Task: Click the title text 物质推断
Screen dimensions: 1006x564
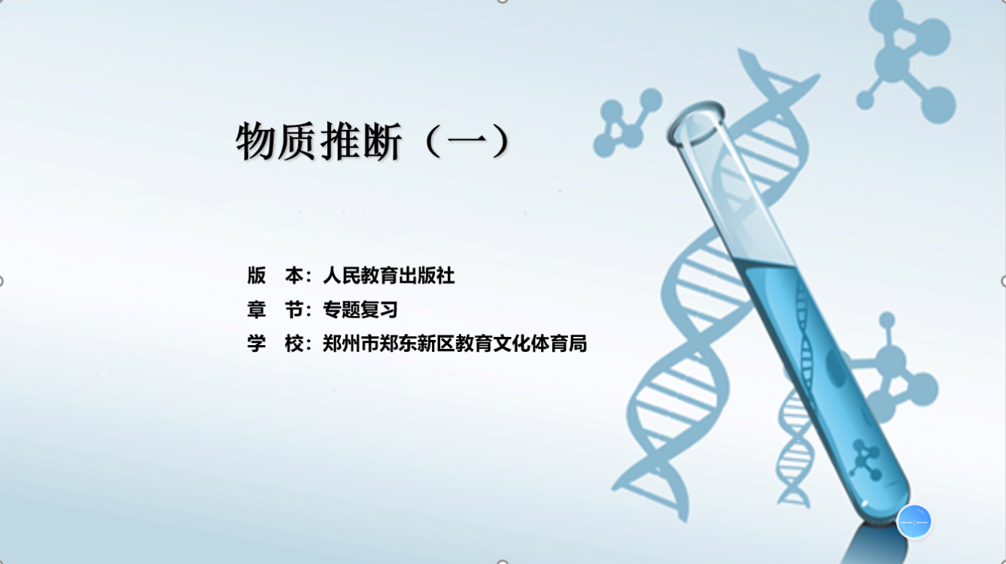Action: pos(318,141)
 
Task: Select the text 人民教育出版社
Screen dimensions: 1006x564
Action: pos(389,275)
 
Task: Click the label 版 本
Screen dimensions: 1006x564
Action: pos(275,275)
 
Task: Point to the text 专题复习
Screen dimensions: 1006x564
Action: pos(360,310)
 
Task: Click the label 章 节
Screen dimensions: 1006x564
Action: pos(275,310)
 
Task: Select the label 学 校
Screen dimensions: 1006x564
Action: pos(275,344)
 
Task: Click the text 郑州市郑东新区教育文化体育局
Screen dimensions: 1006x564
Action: pos(455,344)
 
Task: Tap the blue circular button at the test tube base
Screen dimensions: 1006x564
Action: pos(914,521)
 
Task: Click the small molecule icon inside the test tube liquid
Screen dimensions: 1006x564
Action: pos(865,459)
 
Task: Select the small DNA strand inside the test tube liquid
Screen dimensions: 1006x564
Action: pos(805,332)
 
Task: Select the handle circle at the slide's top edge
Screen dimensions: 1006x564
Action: pos(503,2)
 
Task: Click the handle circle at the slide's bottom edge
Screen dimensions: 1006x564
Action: pos(503,562)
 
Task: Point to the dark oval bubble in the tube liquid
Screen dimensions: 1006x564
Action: pos(836,368)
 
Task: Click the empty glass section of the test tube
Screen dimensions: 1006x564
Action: pos(737,198)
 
